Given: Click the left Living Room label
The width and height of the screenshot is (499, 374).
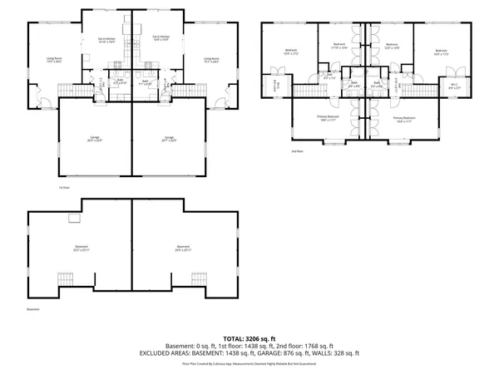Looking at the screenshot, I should pos(55,59).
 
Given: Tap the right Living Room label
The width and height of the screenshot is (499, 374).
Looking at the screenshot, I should pos(211,59).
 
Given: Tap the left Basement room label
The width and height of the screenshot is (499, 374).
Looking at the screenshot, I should pos(82,247).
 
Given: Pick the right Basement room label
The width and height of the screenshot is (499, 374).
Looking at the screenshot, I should pos(183,247).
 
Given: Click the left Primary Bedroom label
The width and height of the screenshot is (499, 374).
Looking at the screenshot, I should pos(329,118).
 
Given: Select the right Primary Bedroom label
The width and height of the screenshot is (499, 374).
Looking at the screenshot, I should pos(405,118).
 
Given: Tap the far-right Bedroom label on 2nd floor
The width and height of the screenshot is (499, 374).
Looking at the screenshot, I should pos(441,52).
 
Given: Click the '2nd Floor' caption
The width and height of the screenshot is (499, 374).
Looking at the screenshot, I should pos(297,151).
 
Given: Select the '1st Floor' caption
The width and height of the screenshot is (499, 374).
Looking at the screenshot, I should pos(63,188).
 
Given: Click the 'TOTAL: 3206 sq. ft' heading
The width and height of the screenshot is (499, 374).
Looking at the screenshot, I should pos(249,339).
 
